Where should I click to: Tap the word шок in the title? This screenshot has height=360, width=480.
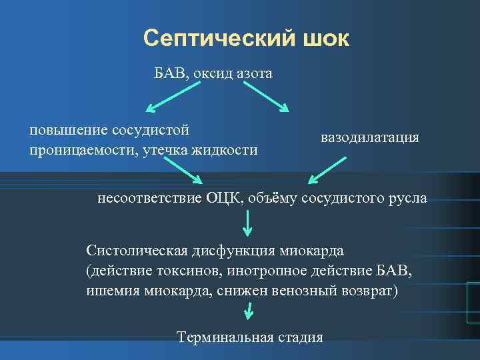click(x=325, y=39)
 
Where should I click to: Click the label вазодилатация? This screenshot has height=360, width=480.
click(x=370, y=138)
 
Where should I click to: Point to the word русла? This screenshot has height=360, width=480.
click(x=407, y=198)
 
